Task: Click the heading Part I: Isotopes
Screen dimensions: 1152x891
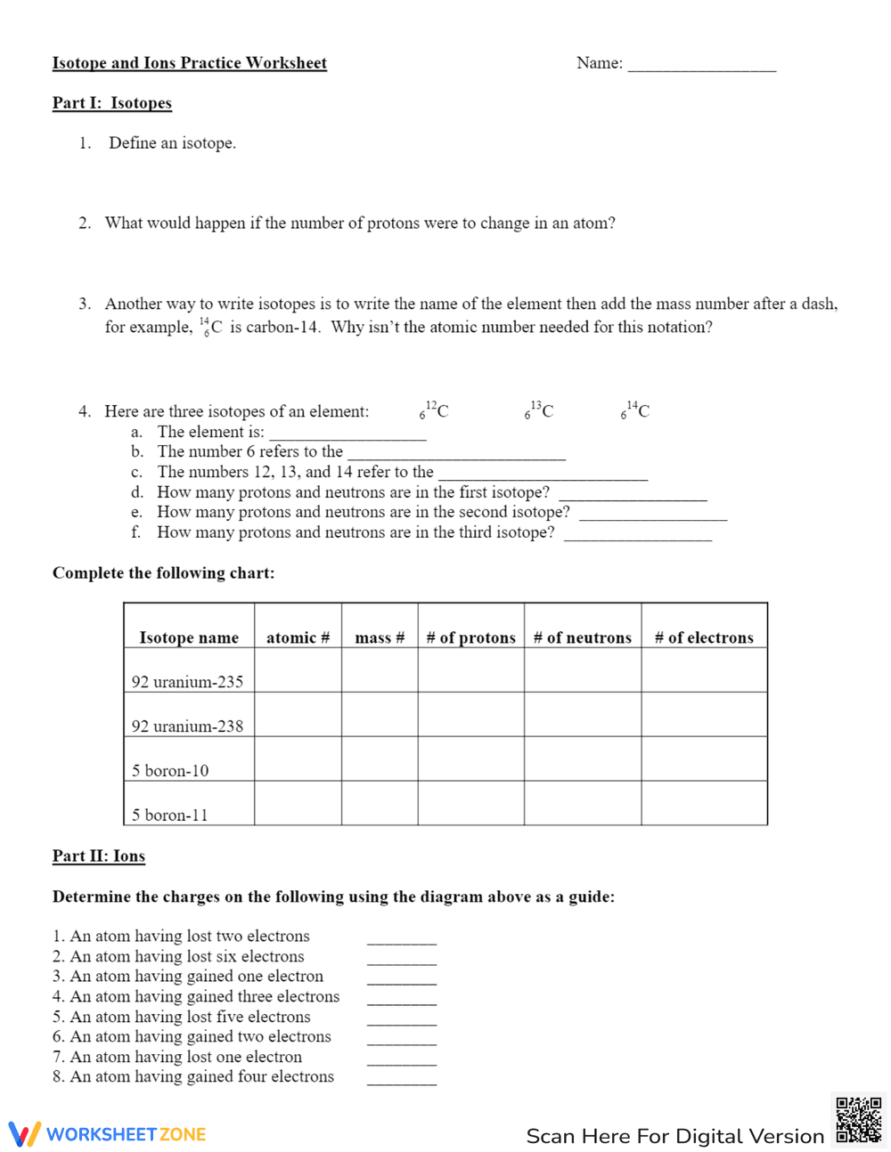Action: [x=112, y=103]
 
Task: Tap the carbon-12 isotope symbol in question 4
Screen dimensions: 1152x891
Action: [x=435, y=410]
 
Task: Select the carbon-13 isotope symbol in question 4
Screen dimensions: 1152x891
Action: [x=539, y=410]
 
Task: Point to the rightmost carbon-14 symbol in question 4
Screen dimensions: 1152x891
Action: [x=635, y=410]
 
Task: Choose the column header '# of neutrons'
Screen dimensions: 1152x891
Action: [x=582, y=637]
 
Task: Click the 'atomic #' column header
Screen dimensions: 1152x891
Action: [x=298, y=637]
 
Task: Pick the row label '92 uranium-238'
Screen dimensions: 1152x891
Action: [x=187, y=726]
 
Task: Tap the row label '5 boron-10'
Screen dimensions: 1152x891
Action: [x=170, y=770]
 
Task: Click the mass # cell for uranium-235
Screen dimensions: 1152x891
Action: [x=380, y=670]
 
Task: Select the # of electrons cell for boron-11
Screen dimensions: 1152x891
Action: [x=704, y=803]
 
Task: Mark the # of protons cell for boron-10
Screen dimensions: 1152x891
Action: [x=470, y=759]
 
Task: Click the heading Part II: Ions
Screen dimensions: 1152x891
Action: [x=99, y=856]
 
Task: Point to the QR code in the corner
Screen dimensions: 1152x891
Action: [x=858, y=1120]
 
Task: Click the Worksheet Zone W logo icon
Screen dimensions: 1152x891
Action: [x=25, y=1134]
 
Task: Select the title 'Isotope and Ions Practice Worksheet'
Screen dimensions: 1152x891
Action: [x=190, y=63]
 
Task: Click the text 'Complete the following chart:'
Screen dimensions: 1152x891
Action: [x=163, y=573]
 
